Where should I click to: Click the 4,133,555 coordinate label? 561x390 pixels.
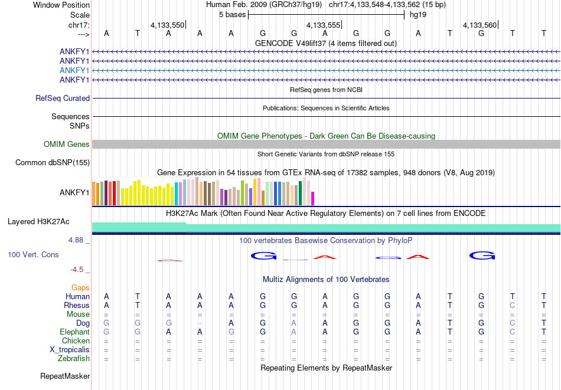[x=324, y=25]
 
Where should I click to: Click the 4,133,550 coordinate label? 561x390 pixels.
[x=167, y=25]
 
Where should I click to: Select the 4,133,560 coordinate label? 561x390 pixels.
[x=480, y=25]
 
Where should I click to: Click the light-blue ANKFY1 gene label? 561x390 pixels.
[x=74, y=70]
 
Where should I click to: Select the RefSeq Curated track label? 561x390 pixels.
[x=63, y=99]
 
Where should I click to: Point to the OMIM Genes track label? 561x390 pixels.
[x=67, y=145]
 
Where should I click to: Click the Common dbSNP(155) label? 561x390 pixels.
[x=53, y=163]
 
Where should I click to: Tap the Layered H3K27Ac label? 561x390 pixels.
[x=38, y=222]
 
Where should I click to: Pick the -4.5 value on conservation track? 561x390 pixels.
[x=77, y=270]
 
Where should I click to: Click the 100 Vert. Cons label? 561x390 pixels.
[x=33, y=254]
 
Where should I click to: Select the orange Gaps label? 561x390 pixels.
[x=80, y=288]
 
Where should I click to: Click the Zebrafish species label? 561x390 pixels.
[x=74, y=359]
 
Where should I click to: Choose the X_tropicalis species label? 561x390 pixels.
[x=70, y=350]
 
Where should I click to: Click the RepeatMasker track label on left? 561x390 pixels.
[x=65, y=376]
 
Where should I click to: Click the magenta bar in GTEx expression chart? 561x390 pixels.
[x=313, y=198]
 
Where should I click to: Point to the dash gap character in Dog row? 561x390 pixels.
[x=200, y=323]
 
